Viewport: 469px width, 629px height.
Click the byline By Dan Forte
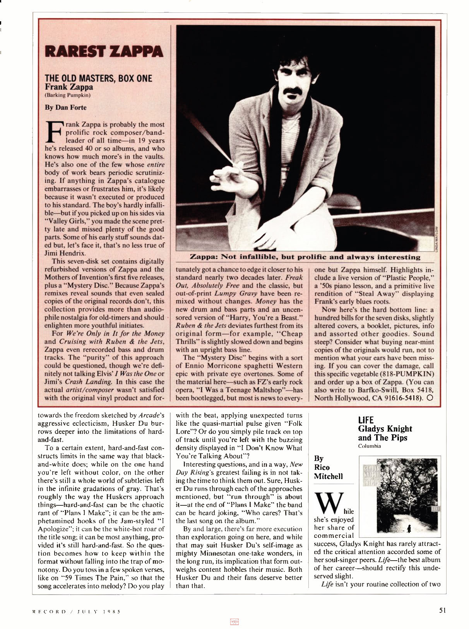(65, 107)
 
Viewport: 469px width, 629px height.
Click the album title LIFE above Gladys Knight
(366, 420)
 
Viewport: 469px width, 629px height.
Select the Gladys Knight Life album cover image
(400, 496)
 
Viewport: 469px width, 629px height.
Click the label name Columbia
(370, 446)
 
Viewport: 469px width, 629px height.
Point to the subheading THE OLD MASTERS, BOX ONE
(98, 78)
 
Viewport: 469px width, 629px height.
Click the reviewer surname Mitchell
(328, 476)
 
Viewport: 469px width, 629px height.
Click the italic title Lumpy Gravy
(231, 294)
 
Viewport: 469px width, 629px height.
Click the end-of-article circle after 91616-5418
(430, 398)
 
